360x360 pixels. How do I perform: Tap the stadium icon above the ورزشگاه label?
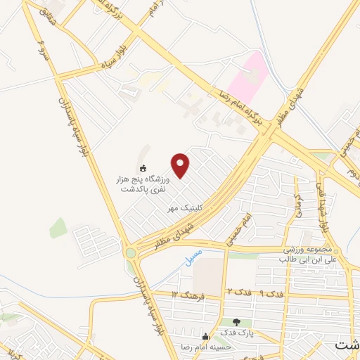tap(143, 168)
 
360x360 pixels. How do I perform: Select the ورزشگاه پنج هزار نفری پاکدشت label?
tap(143, 184)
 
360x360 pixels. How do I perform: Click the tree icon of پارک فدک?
tap(236, 321)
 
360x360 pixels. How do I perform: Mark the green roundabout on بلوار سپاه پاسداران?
tap(130, 252)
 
